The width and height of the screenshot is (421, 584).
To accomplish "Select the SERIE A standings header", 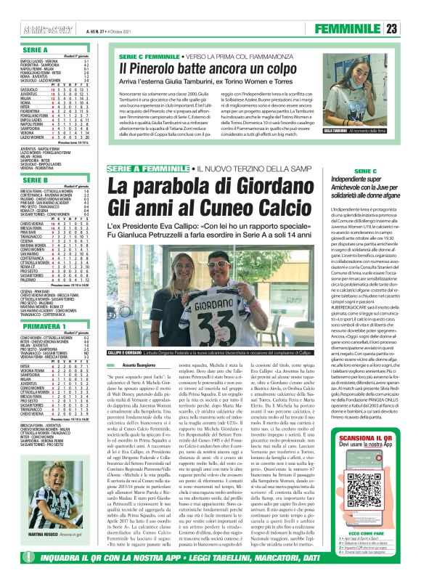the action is (30, 50).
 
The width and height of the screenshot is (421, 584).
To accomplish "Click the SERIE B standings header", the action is (30, 179).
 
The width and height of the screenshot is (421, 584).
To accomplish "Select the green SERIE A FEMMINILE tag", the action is (148, 169).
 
